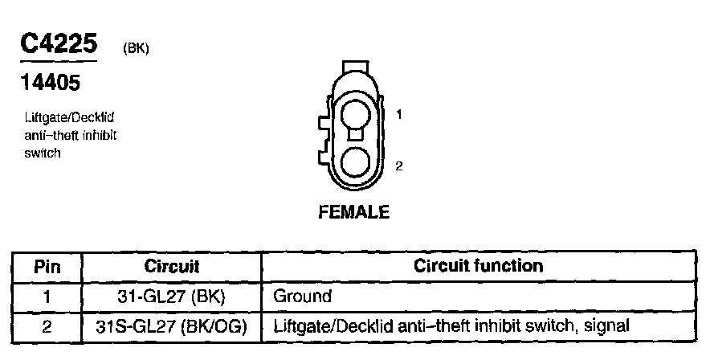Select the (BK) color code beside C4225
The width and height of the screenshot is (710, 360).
pyautogui.click(x=136, y=47)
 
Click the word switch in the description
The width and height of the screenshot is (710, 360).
pyautogui.click(x=43, y=152)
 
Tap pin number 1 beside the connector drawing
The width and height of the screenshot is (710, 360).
pyautogui.click(x=399, y=114)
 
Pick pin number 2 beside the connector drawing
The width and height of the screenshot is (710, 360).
pyautogui.click(x=399, y=166)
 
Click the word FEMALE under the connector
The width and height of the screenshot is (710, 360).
pyautogui.click(x=354, y=212)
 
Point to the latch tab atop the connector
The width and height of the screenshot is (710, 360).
pyautogui.click(x=355, y=67)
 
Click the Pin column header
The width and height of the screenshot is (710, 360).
pyautogui.click(x=47, y=266)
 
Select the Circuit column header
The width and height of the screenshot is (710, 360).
pyautogui.click(x=172, y=266)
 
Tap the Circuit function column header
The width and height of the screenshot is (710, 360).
pyautogui.click(x=479, y=266)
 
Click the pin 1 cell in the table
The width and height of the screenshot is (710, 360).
pyautogui.click(x=47, y=297)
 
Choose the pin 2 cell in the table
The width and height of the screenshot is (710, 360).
pyautogui.click(x=47, y=326)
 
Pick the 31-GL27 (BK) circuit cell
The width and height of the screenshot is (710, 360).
pyautogui.click(x=172, y=297)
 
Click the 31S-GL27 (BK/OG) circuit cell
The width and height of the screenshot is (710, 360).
pyautogui.click(x=172, y=326)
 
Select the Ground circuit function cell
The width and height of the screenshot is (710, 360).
pyautogui.click(x=303, y=297)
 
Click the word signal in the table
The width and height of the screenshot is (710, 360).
pyautogui.click(x=605, y=326)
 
